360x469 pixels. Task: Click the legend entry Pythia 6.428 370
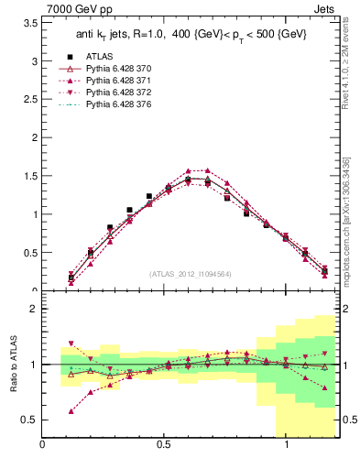(117, 69)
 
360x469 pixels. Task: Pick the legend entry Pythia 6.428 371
(117, 81)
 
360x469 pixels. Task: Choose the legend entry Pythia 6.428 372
(117, 93)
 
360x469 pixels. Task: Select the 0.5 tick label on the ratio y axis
(31, 420)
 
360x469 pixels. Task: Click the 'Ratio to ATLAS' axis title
(13, 365)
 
